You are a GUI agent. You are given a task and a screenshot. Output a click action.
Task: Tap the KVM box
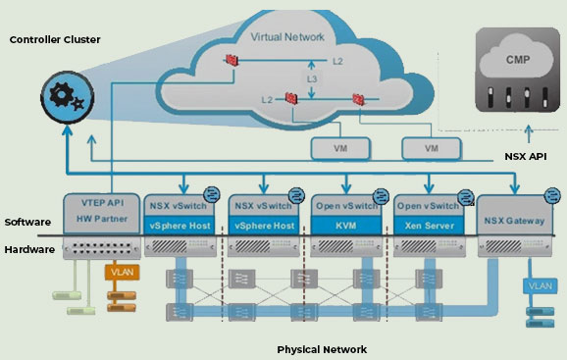tap(346, 225)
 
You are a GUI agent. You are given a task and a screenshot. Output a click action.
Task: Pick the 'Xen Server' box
tap(427, 225)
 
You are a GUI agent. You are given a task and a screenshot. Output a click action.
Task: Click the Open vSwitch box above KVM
tap(346, 207)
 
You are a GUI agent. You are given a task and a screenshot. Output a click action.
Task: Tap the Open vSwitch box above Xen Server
tap(427, 207)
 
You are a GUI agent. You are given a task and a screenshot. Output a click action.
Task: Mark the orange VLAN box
tap(122, 272)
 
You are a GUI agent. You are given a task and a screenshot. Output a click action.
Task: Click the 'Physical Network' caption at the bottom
tap(323, 348)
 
